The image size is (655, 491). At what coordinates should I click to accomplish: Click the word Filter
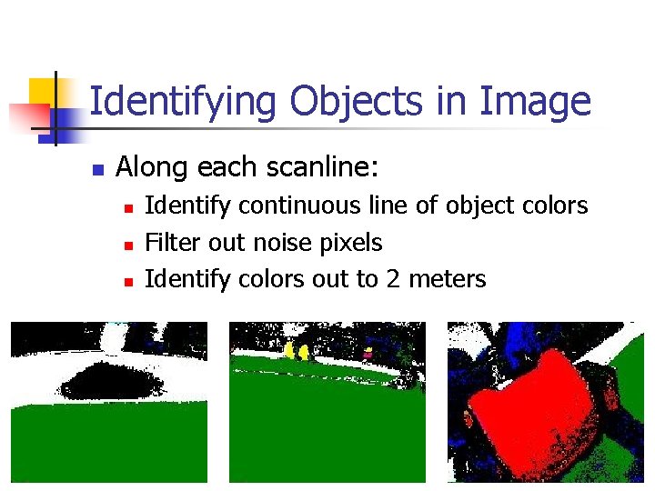[x=174, y=242]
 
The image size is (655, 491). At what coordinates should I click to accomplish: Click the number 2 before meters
[x=393, y=278]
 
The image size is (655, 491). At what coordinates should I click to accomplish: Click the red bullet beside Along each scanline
[x=97, y=169]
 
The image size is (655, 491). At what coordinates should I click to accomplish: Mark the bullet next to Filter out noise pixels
[x=129, y=245]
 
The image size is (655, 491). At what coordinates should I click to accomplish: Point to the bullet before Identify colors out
[x=129, y=281]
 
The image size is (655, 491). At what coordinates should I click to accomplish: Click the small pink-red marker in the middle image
[x=368, y=351]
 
